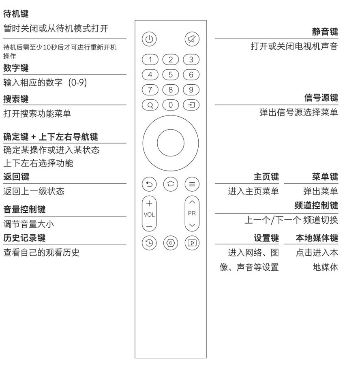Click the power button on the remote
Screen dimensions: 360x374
(149, 39)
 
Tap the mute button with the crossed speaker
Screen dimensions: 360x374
(192, 39)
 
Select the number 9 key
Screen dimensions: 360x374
(191, 90)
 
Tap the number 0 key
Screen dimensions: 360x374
(171, 105)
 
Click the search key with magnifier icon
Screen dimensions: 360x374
(150, 105)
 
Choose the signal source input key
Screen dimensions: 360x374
(191, 105)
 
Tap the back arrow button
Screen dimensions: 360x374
(149, 184)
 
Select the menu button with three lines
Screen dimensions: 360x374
(192, 184)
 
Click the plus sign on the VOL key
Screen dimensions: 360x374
(149, 203)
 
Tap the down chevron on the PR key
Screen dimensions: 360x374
(192, 225)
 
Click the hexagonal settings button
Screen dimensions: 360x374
(171, 243)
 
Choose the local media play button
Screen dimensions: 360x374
(192, 243)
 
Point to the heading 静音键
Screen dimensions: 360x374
(325, 32)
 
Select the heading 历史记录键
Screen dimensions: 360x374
(24, 237)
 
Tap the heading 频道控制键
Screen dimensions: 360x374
(316, 205)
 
